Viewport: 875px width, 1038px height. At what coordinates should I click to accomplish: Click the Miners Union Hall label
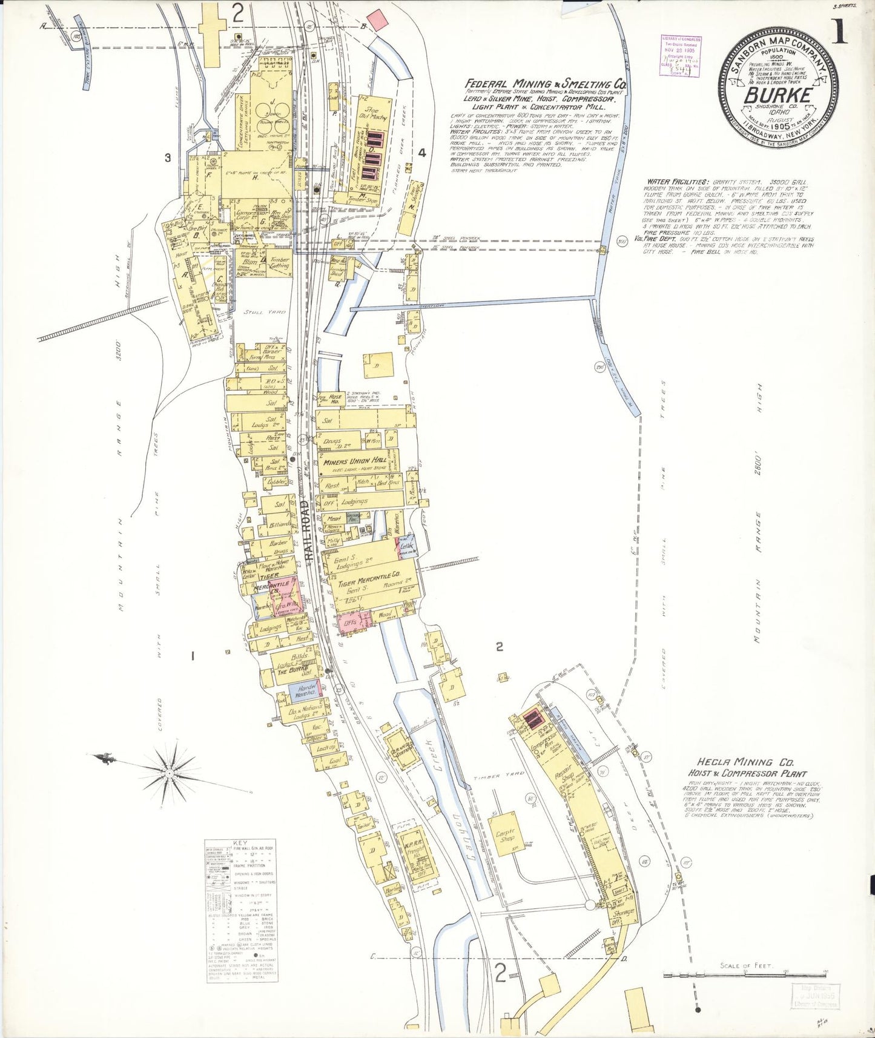pos(355,461)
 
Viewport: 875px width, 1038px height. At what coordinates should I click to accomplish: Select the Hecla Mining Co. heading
pos(742,762)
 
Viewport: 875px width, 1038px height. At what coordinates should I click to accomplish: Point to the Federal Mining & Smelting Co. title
pos(545,84)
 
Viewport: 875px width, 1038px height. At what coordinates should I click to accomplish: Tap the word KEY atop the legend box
pos(240,842)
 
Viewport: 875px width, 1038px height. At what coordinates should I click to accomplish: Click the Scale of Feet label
pos(746,965)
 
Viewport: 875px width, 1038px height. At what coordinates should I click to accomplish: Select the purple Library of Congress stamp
pos(682,56)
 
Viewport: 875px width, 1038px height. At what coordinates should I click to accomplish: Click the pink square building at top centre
pos(377,20)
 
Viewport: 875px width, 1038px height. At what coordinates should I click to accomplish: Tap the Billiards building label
pos(280,524)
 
